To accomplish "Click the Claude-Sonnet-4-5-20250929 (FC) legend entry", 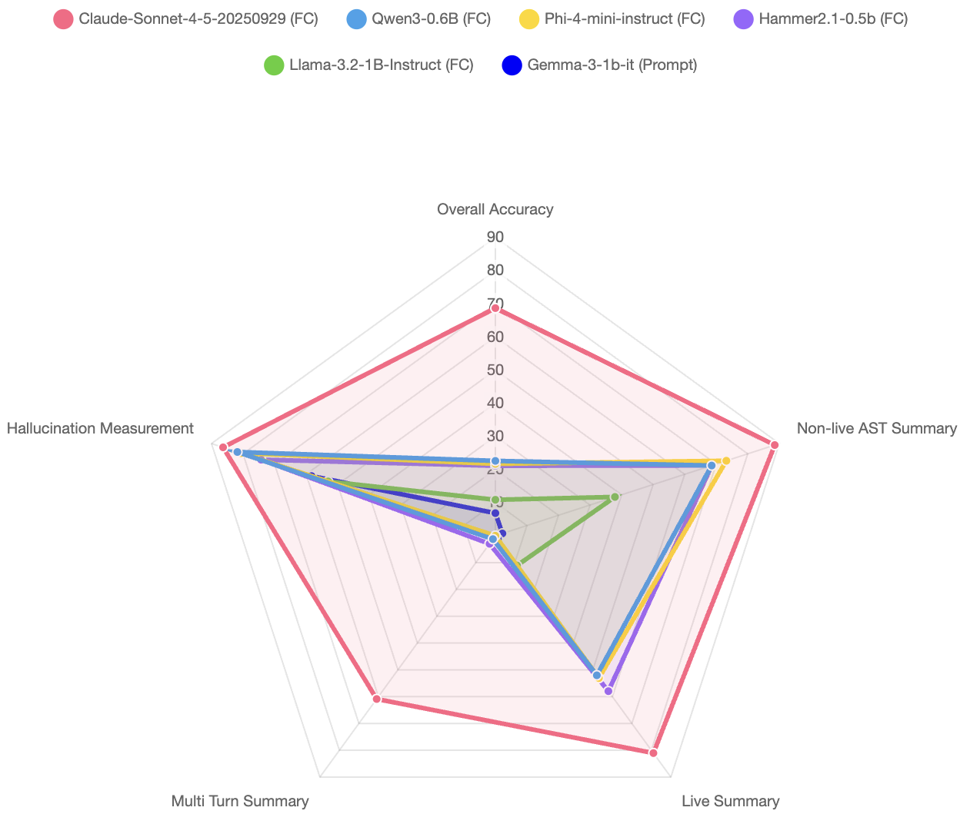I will (185, 19).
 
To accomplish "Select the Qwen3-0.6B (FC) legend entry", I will (419, 19).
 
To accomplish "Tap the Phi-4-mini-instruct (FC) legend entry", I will (612, 19).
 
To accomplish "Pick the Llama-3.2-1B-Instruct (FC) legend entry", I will (368, 65).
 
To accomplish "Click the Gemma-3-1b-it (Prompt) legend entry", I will (599, 65).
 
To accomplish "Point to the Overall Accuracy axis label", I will (495, 209).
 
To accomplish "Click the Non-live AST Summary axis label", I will (876, 428).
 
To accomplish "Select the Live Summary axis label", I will (730, 801).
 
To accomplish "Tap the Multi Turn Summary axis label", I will (239, 801).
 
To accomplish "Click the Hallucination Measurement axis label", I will (100, 428).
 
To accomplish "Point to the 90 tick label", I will (495, 237).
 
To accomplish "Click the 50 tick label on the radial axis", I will (495, 370).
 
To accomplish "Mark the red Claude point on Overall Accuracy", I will (495, 308).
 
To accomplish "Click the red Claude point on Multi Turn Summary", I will (376, 699).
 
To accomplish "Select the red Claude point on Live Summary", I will (653, 753).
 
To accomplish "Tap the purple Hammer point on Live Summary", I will (608, 691).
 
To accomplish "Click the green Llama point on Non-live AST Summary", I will (615, 497).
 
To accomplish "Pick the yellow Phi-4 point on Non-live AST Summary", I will (725, 460).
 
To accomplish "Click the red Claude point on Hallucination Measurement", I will (223, 447).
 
